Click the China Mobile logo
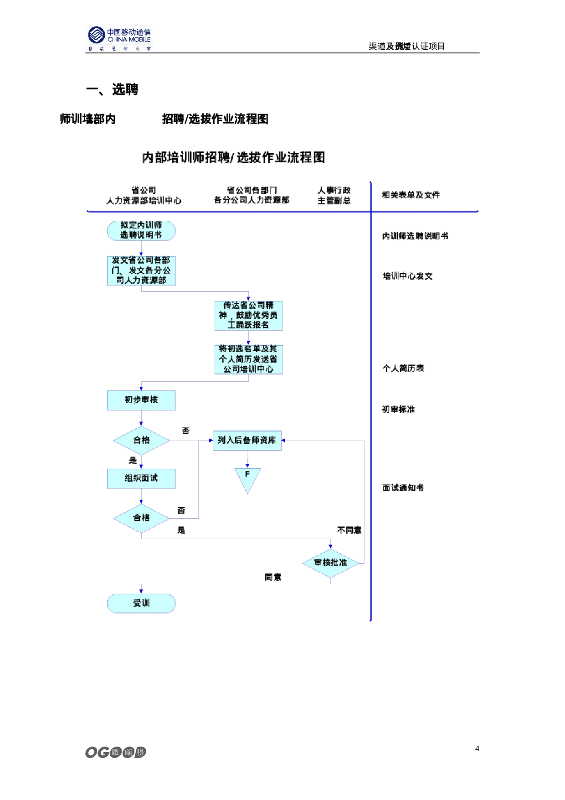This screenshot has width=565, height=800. [x=119, y=38]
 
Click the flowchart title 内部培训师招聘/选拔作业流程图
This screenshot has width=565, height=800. [x=233, y=158]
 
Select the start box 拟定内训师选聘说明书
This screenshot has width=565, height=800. [x=141, y=230]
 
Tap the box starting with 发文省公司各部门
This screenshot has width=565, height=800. [x=141, y=270]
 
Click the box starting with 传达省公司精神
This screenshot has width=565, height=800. [x=248, y=315]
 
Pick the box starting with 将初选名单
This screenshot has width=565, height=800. [x=248, y=359]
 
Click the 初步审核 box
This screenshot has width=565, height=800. [x=141, y=400]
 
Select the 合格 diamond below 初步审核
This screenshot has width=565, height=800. [x=141, y=440]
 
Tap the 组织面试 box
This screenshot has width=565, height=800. [x=141, y=478]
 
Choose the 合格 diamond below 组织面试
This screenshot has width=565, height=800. [x=141, y=518]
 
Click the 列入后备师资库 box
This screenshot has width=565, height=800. [x=247, y=441]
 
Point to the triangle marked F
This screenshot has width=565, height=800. [x=247, y=478]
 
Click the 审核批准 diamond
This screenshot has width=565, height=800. [x=330, y=563]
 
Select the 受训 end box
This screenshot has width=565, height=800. [x=141, y=603]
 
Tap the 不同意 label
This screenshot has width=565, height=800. [x=349, y=530]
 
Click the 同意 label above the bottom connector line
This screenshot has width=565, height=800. [x=273, y=577]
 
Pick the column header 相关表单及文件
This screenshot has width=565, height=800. [x=411, y=195]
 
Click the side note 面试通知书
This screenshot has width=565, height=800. [x=403, y=488]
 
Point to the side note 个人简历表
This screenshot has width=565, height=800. [x=403, y=369]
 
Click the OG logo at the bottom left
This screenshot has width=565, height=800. [x=116, y=752]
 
